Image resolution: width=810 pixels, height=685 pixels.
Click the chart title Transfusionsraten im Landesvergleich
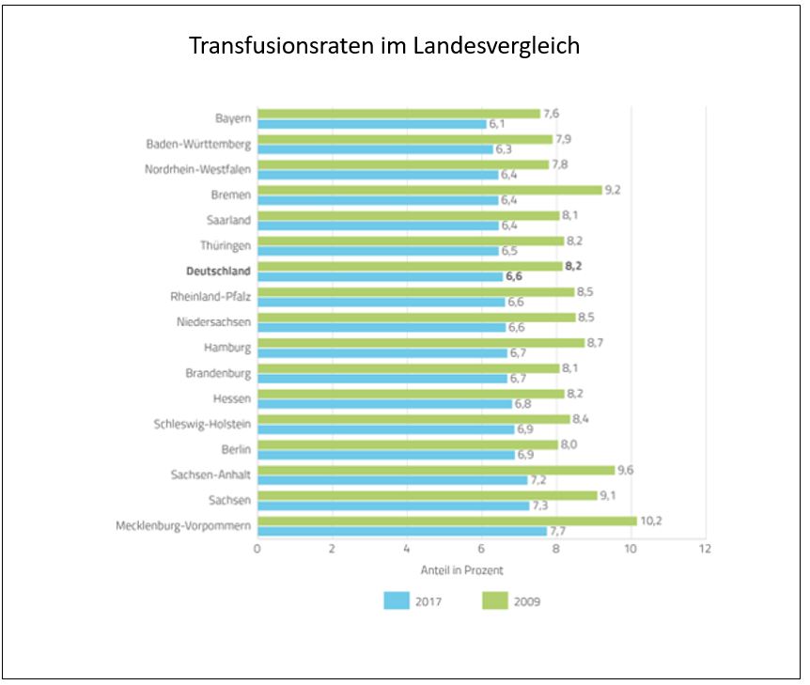383,46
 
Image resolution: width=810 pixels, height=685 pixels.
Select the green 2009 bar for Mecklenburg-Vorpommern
446,520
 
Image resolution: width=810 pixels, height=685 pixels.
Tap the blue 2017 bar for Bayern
371,124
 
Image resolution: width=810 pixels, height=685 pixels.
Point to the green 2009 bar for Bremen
428,190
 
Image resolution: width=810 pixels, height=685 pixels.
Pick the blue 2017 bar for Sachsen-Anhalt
392,480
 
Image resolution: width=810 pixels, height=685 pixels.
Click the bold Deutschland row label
219,272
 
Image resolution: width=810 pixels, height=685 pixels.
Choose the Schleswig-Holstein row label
202,424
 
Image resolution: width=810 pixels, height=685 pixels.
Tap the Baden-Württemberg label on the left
198,145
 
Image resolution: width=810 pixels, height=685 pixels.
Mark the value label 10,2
651,520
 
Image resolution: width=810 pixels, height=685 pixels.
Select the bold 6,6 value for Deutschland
514,277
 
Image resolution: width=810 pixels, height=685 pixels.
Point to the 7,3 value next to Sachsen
540,506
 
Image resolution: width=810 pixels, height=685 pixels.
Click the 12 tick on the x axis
705,548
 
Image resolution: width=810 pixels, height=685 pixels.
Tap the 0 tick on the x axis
257,548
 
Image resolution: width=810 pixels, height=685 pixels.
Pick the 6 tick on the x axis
481,548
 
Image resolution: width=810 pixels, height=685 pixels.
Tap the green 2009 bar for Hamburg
420,343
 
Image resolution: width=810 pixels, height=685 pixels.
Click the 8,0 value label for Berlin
569,444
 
